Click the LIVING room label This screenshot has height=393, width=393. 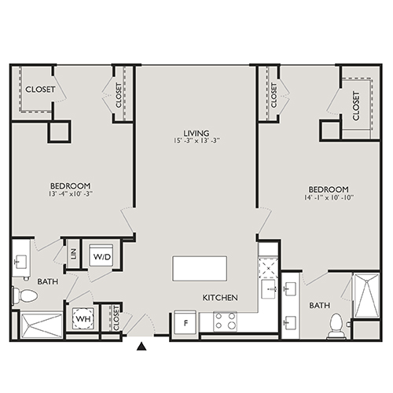[x=196, y=133]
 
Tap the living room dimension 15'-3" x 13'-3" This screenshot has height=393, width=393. [x=196, y=142]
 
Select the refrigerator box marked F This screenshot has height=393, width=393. [x=185, y=322]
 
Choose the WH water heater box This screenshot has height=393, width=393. [x=83, y=321]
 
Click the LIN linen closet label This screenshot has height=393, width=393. [x=72, y=254]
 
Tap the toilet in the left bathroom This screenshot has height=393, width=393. [x=24, y=296]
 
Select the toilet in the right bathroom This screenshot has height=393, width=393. [x=336, y=325]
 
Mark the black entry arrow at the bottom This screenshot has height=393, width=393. [x=141, y=345]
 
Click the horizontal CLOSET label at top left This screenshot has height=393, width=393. [x=40, y=90]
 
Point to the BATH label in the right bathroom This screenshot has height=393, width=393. [x=318, y=305]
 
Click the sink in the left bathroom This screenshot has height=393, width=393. [x=20, y=260]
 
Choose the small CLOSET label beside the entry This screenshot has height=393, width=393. [x=115, y=321]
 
